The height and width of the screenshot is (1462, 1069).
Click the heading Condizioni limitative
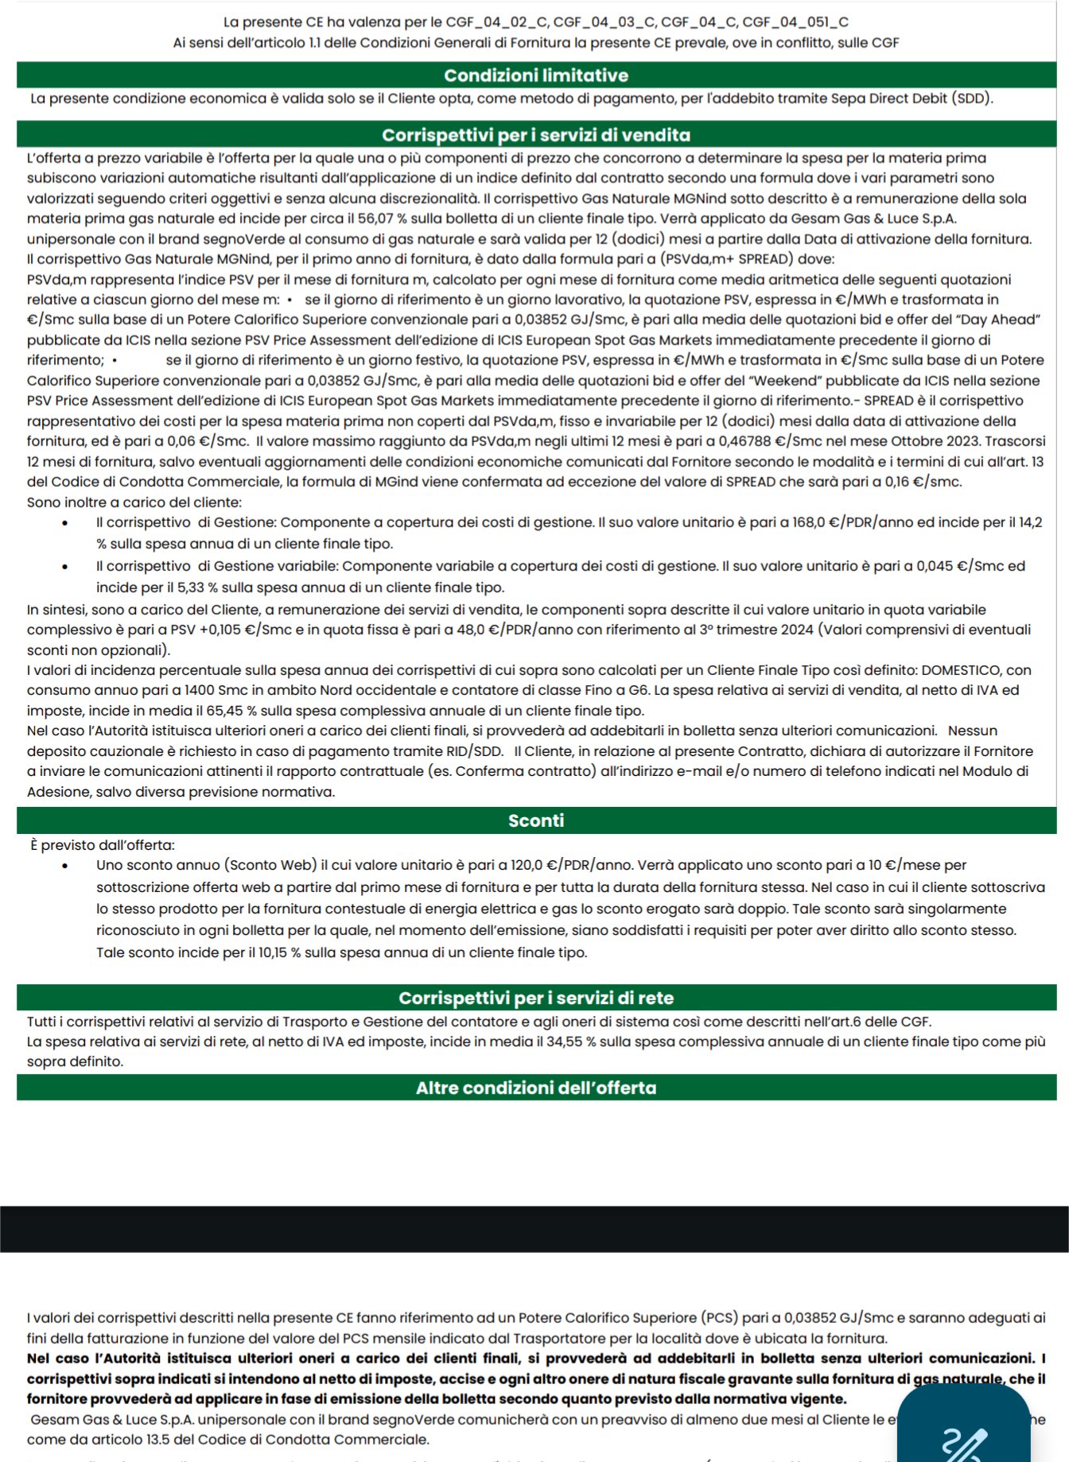pos(535,76)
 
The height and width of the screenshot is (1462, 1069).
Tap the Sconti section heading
pos(535,820)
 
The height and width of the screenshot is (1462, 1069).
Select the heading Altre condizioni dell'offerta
pos(535,1088)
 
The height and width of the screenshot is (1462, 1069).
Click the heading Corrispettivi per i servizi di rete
pos(535,998)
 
